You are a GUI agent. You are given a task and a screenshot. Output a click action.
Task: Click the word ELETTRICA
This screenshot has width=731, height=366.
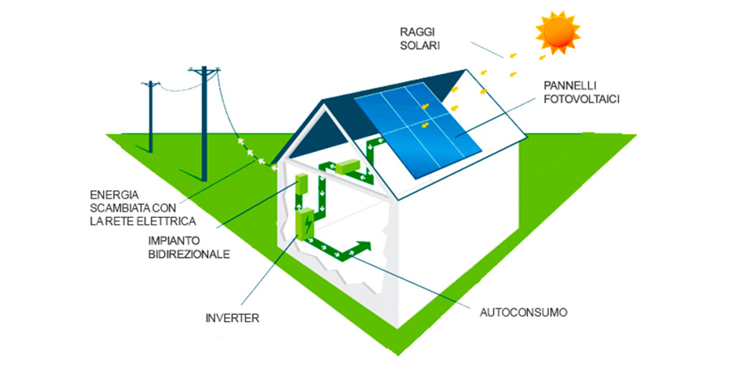coord(164,221)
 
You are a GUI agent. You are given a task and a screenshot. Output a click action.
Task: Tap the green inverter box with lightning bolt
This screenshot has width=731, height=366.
coord(306,223)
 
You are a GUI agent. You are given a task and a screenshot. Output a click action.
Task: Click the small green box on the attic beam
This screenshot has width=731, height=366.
coord(348,168)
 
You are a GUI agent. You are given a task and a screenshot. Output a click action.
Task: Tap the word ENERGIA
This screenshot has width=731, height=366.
coord(114,195)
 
